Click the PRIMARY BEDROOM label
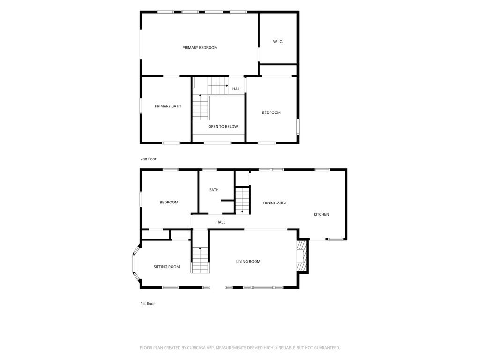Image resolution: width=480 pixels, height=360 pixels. (200, 48)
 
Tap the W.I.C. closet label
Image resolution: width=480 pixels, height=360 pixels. (278, 42)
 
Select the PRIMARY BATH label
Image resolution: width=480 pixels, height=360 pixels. (168, 106)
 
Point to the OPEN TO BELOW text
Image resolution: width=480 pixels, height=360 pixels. (223, 127)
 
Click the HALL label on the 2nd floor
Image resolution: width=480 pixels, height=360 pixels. (237, 89)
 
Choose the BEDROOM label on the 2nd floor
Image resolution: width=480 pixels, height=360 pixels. (271, 112)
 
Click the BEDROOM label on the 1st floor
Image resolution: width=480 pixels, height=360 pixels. (169, 202)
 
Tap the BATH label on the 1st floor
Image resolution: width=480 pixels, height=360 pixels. (214, 190)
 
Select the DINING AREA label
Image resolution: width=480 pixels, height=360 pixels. (275, 202)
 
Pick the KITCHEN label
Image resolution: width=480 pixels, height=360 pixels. (322, 214)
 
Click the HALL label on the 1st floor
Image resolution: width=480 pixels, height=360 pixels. (221, 222)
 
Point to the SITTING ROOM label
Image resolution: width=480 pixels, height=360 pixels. (166, 267)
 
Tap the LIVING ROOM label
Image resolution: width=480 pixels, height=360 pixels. (248, 262)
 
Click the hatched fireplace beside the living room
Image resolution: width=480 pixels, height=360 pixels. (302, 256)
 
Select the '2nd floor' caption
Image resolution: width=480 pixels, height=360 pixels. (148, 159)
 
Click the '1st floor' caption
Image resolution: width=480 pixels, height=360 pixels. (148, 304)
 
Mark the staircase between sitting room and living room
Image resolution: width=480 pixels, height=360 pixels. (200, 260)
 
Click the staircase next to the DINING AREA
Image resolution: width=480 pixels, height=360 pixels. (242, 200)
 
